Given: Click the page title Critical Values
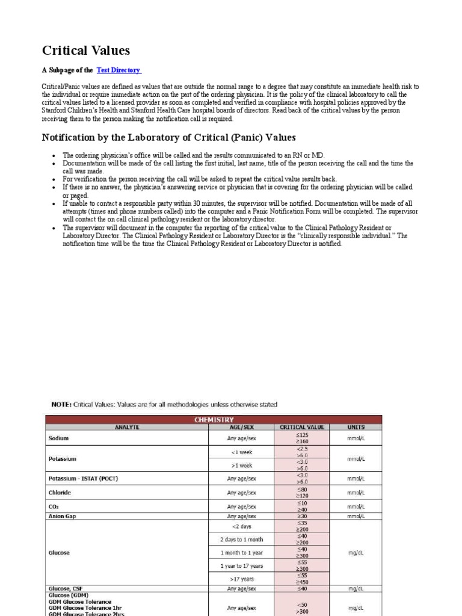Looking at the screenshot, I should (x=85, y=51).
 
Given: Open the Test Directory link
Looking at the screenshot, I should (x=118, y=70).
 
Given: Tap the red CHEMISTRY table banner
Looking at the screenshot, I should (x=214, y=419).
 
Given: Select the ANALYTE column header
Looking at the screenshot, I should (x=127, y=427).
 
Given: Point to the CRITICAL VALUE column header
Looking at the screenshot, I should (x=301, y=427).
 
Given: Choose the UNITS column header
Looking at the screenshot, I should (x=356, y=427).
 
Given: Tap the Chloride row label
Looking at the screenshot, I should (x=60, y=493).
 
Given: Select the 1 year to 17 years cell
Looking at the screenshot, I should (x=241, y=566).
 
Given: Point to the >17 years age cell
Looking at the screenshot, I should (x=241, y=579).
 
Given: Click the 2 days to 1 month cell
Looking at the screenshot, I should (x=241, y=540).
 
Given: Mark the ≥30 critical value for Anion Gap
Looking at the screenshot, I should (x=301, y=516).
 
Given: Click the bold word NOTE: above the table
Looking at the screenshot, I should (x=61, y=405).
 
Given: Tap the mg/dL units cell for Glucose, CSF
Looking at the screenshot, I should (x=356, y=588).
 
